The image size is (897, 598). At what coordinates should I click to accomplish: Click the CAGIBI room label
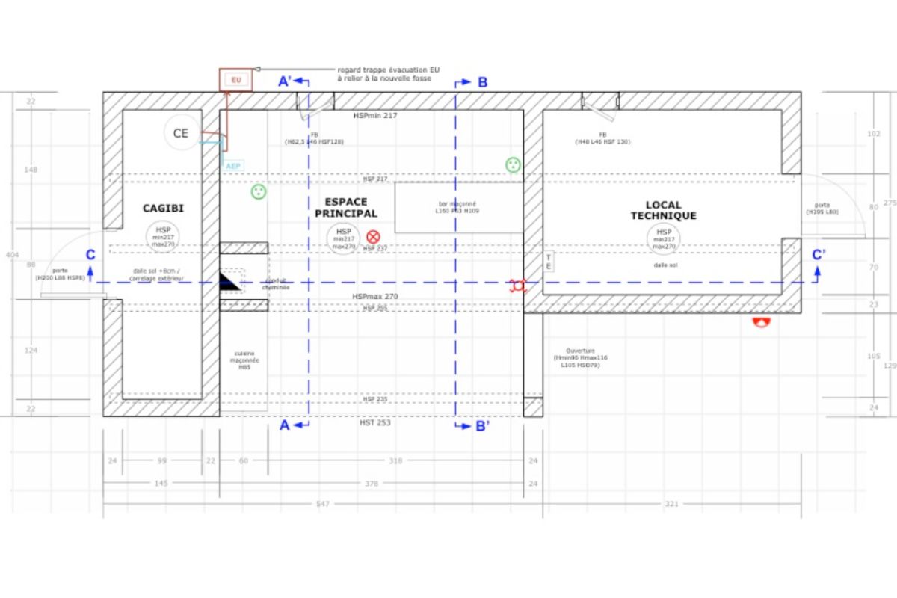(x=163, y=209)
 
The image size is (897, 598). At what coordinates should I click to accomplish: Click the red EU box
(x=235, y=79)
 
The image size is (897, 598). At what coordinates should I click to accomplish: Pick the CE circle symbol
(x=181, y=133)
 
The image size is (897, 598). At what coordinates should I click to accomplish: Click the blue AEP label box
(x=233, y=165)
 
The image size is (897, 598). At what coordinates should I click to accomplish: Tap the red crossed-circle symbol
(x=373, y=236)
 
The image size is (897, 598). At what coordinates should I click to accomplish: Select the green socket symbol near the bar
(x=513, y=164)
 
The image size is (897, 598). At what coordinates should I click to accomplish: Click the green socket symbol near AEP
(x=259, y=192)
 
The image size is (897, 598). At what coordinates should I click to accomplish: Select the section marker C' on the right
(x=819, y=255)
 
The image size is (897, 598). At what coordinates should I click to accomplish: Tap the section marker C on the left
(x=90, y=254)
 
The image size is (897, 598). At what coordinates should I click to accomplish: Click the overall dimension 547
(x=323, y=505)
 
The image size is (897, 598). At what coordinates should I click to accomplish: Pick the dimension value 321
(x=671, y=505)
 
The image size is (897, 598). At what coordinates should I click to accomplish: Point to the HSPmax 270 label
(x=375, y=297)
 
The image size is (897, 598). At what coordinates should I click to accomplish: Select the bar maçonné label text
(x=457, y=207)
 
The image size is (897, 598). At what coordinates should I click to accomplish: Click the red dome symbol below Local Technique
(x=762, y=323)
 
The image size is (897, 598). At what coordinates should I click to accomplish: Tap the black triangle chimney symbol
(x=230, y=282)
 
